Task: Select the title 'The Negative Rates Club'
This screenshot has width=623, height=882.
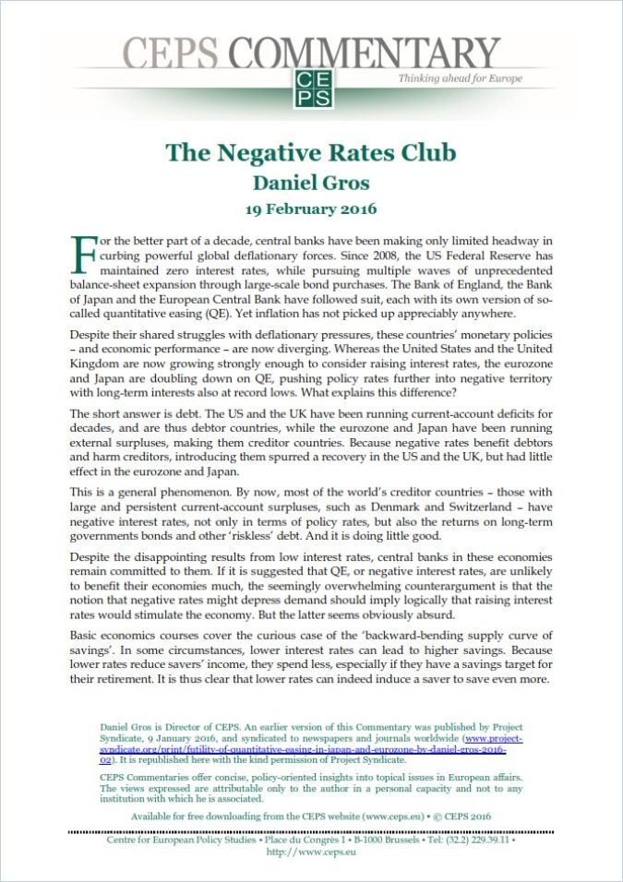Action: pyautogui.click(x=311, y=153)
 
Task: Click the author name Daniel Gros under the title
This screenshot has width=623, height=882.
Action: pyautogui.click(x=311, y=182)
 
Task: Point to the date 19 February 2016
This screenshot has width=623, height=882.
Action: pyautogui.click(x=311, y=209)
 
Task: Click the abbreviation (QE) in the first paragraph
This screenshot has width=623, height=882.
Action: pyautogui.click(x=262, y=313)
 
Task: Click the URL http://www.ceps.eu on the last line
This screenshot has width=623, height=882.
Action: pyautogui.click(x=311, y=853)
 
